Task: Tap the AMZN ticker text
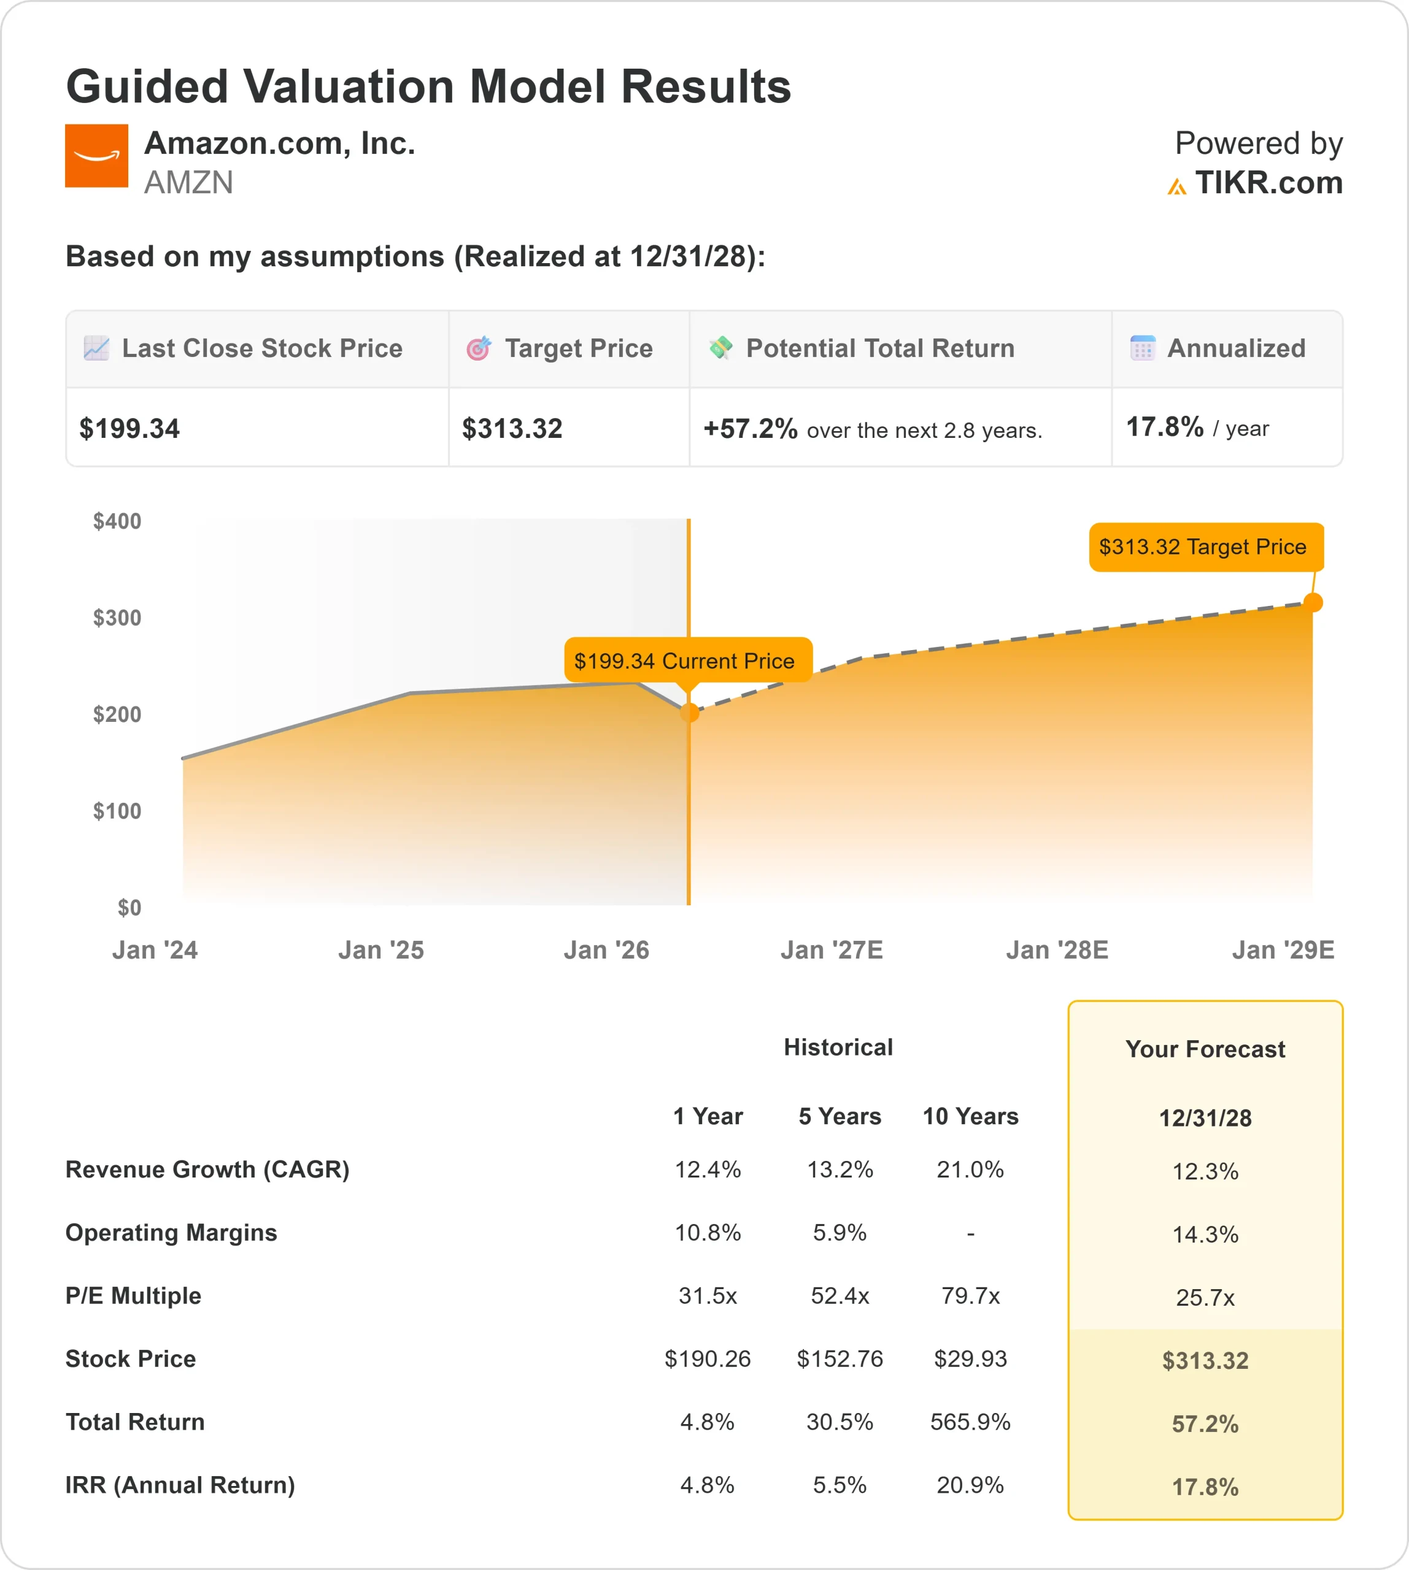click(x=188, y=183)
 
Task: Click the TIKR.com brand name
click(x=1268, y=183)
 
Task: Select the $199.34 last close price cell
click(x=129, y=429)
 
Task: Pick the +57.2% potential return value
click(x=749, y=429)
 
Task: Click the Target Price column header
click(x=578, y=348)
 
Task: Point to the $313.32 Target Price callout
click(x=1205, y=547)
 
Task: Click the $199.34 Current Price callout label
click(x=687, y=660)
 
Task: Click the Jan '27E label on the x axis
click(x=832, y=949)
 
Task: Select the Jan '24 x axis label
click(x=155, y=949)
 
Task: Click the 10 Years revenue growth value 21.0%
click(x=970, y=1169)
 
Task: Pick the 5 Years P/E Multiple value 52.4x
click(x=840, y=1295)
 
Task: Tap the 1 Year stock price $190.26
click(x=708, y=1359)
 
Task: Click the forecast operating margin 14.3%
click(x=1205, y=1234)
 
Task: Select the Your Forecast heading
click(x=1205, y=1049)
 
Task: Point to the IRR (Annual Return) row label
click(x=180, y=1485)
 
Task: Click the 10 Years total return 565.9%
click(x=970, y=1422)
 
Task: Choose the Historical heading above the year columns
click(x=838, y=1047)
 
